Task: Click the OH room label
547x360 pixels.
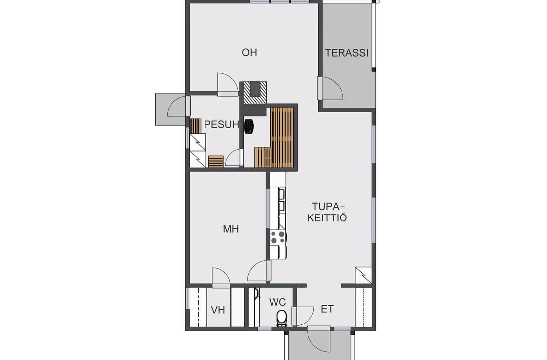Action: point(249,53)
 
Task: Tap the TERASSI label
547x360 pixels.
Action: point(347,53)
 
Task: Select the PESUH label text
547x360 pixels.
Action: point(222,125)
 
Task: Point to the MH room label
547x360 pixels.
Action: point(231,229)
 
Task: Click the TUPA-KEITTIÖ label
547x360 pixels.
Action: point(327,212)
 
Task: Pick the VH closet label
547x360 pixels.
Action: point(218,310)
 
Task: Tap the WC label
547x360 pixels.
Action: point(277,302)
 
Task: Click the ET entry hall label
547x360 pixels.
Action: point(327,309)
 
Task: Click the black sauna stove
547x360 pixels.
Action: point(249,126)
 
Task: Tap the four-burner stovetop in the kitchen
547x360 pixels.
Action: point(278,237)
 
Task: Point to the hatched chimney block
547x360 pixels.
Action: point(255,93)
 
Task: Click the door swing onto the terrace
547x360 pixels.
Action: point(330,88)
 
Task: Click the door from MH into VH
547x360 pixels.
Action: point(221,278)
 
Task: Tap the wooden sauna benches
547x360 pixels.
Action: point(275,137)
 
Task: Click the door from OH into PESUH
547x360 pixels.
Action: point(228,84)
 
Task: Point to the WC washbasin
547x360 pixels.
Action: point(256,294)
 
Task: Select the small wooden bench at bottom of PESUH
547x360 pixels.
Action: point(216,161)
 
